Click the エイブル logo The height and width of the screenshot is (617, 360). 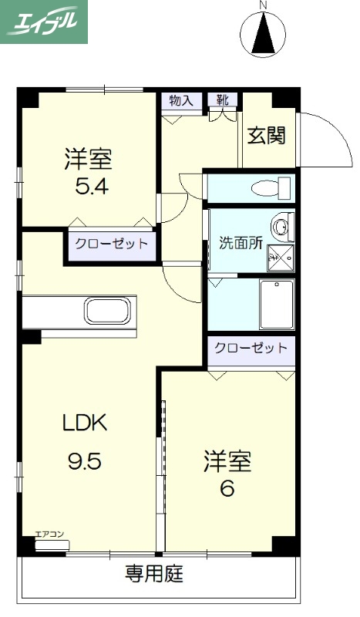(44, 22)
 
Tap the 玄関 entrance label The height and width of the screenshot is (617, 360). (267, 136)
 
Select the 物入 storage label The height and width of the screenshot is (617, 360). (181, 101)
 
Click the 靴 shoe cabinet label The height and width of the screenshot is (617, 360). (223, 100)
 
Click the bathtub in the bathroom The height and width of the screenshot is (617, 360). (277, 304)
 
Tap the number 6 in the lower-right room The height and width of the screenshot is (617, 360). (227, 488)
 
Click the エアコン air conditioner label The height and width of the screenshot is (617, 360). (49, 534)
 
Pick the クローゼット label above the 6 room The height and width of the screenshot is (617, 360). (251, 348)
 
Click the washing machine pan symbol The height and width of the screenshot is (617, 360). (282, 254)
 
